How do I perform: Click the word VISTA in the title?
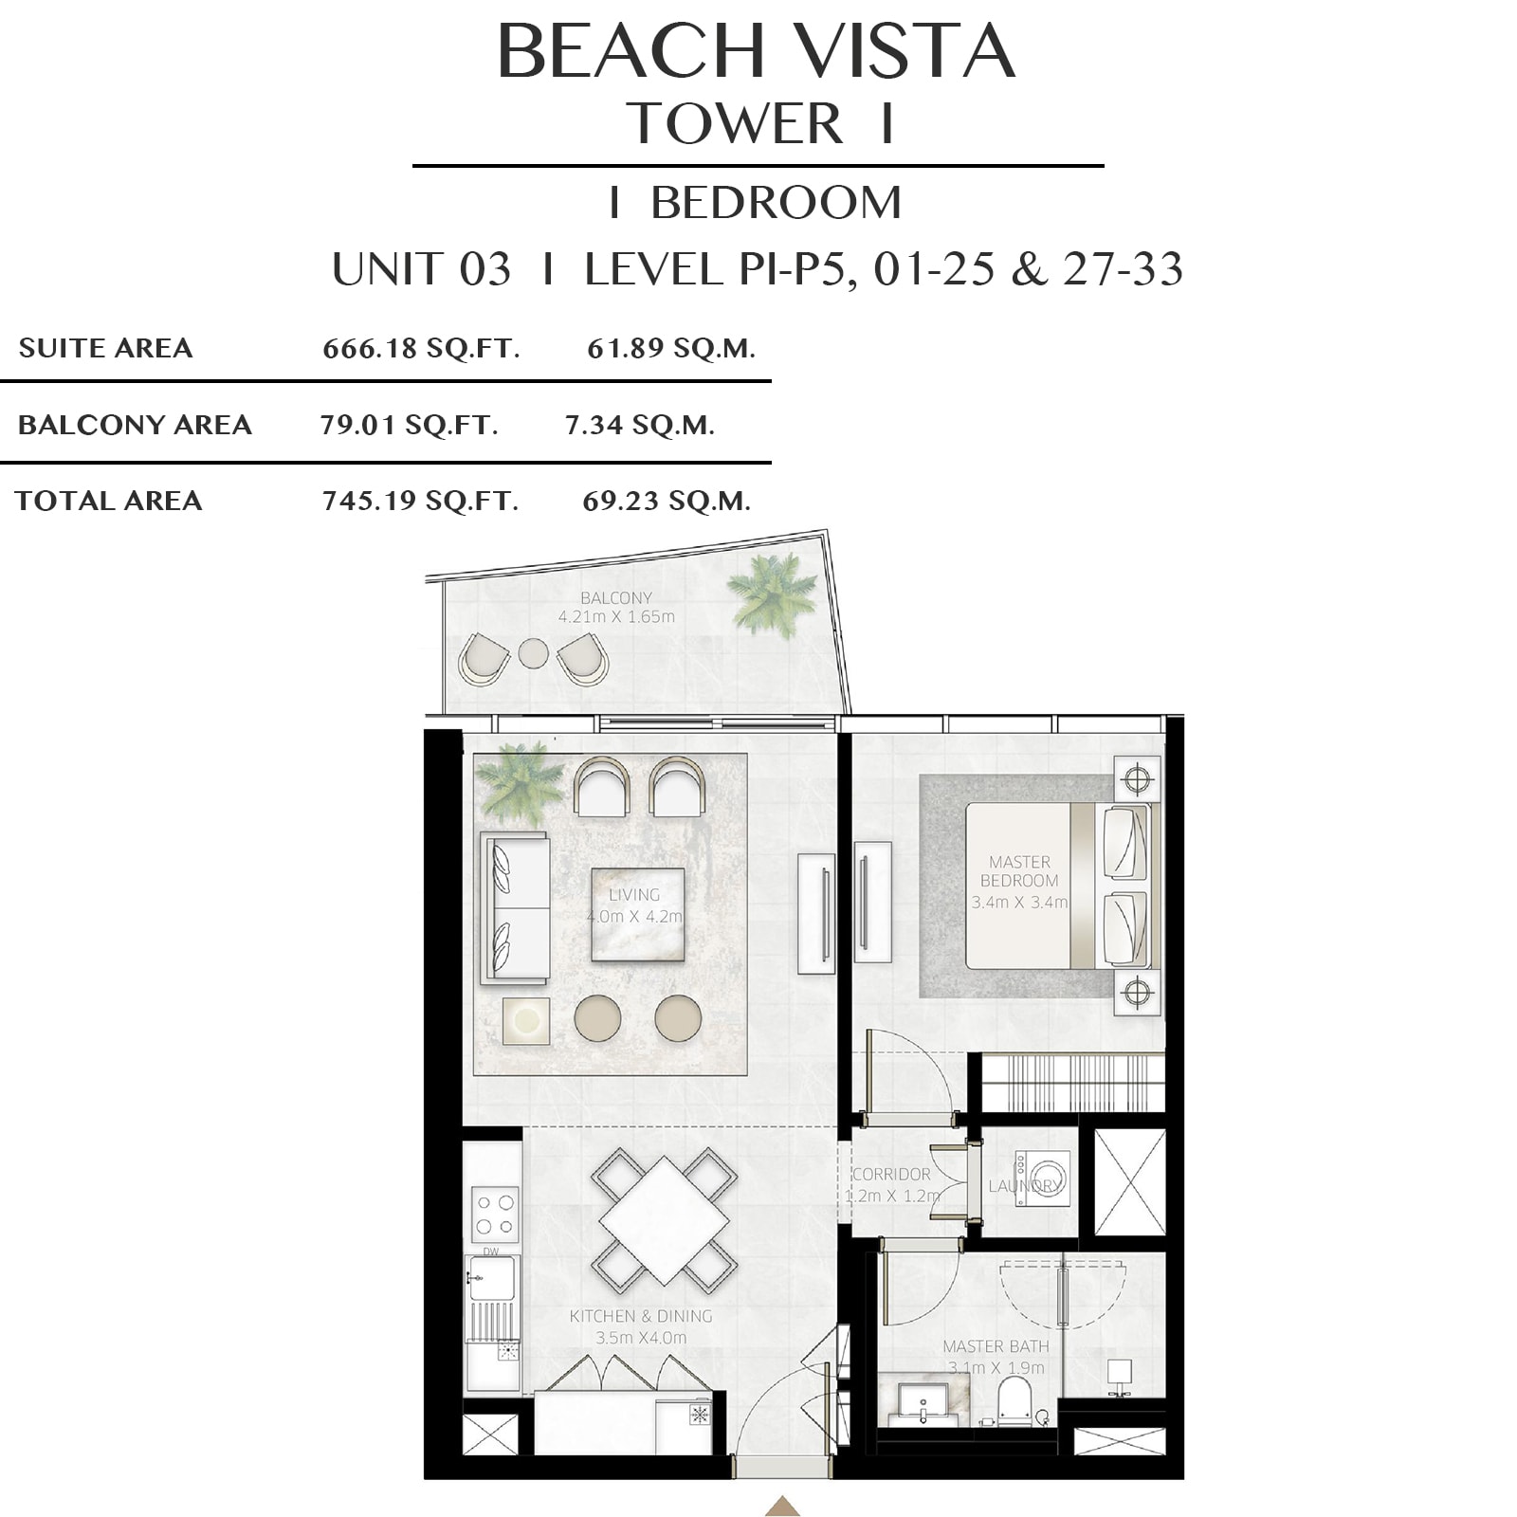tap(904, 51)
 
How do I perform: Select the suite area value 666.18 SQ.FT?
tap(421, 349)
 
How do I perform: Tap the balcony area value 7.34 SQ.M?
tap(640, 425)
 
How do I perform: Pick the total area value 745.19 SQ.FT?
tap(420, 501)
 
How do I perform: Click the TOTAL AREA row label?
tap(109, 501)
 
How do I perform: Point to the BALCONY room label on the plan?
tap(616, 598)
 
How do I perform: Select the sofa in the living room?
tap(514, 907)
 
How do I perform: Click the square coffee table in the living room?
tap(637, 914)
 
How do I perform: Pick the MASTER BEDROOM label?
tap(1019, 871)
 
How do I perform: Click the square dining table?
tap(665, 1220)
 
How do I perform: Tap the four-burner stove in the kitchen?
tap(495, 1215)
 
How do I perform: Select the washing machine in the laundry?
tap(1042, 1179)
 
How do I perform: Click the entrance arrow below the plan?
tap(782, 1506)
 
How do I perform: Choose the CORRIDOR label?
tap(891, 1174)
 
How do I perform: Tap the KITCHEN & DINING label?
tap(641, 1316)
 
